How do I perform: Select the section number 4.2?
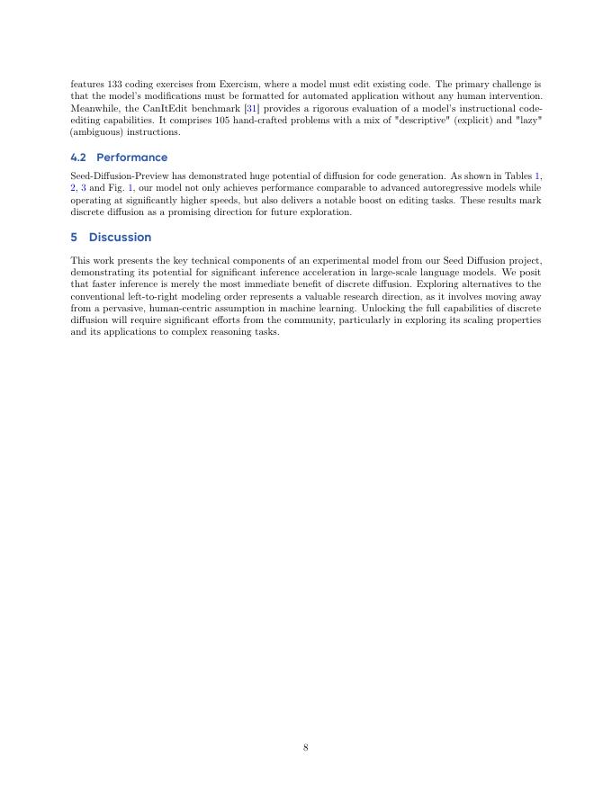pos(78,157)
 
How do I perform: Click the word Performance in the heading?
pos(131,157)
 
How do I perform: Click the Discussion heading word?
pos(120,238)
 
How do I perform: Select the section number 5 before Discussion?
pos(74,238)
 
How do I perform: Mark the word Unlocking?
pos(382,308)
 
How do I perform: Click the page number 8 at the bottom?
pos(306,747)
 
